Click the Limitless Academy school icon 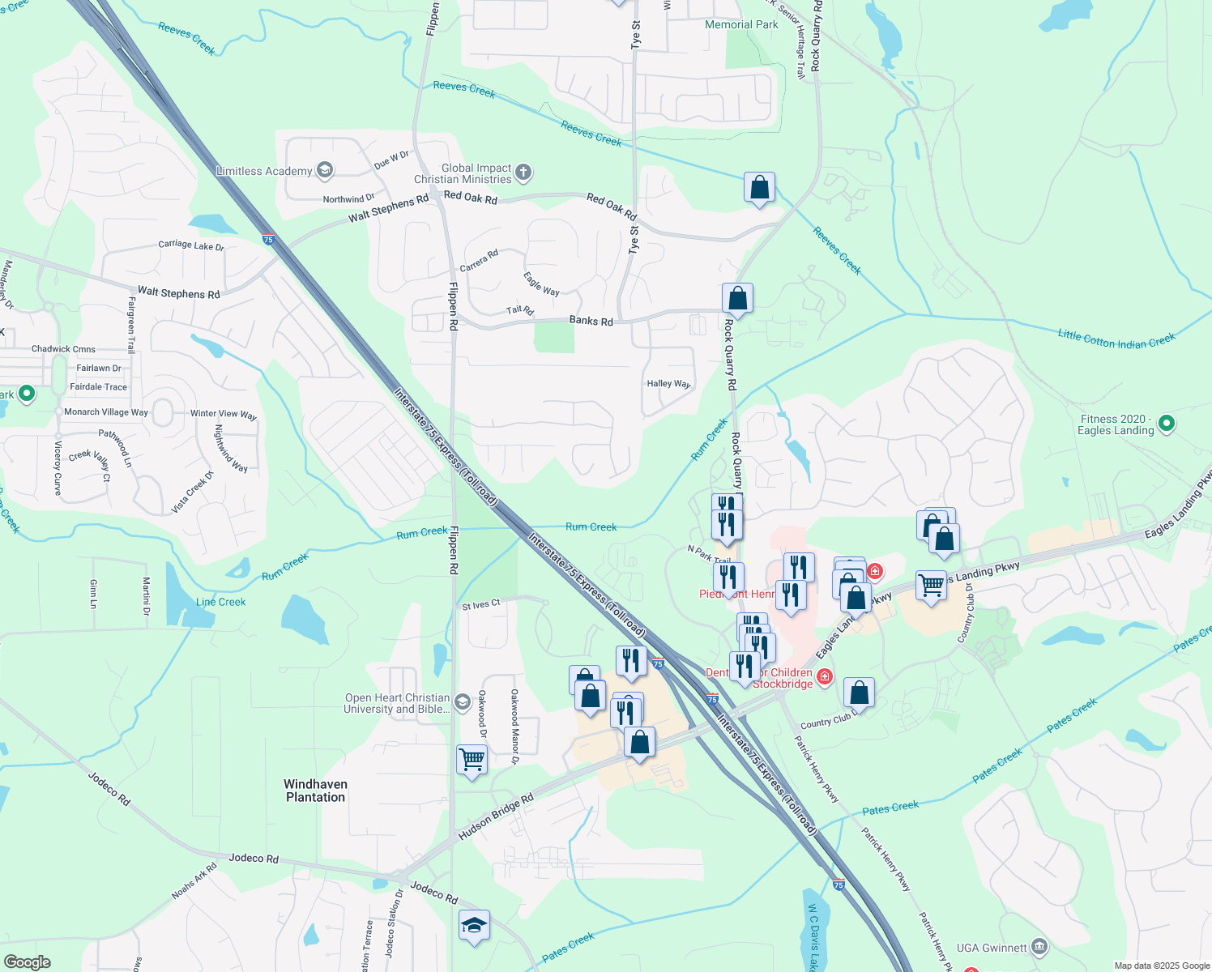coord(325,169)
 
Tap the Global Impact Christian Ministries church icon coord(523,171)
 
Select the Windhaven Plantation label coord(315,791)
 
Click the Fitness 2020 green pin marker coord(1167,423)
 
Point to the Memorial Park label coord(741,25)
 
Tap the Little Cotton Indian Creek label coord(1116,340)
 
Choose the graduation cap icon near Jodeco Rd coord(473,925)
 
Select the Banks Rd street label coord(591,321)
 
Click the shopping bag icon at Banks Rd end coord(737,298)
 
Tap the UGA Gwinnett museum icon coord(1039,947)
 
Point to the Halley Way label coord(668,384)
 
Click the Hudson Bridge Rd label coord(496,816)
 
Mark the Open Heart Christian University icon coord(463,701)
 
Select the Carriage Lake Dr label coord(191,245)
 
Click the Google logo coord(27,962)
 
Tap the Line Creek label coord(220,602)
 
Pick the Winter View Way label coord(224,414)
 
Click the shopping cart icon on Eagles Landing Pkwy coord(931,584)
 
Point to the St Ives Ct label coord(481,605)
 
